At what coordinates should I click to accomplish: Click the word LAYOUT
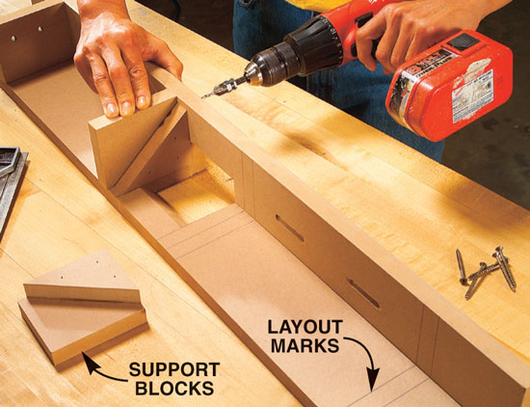305,327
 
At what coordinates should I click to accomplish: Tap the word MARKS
305,346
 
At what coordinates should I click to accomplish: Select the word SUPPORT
174,369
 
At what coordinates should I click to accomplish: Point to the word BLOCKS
174,388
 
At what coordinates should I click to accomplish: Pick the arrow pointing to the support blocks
101,369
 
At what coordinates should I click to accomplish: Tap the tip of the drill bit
202,97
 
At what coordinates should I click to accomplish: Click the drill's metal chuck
257,72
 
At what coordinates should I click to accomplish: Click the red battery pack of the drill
450,85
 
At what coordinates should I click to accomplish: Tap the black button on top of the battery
464,41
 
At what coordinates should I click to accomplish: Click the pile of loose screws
485,272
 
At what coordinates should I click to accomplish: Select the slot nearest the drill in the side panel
290,229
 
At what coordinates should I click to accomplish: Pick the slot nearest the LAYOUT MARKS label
364,293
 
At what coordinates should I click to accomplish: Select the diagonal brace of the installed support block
148,149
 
